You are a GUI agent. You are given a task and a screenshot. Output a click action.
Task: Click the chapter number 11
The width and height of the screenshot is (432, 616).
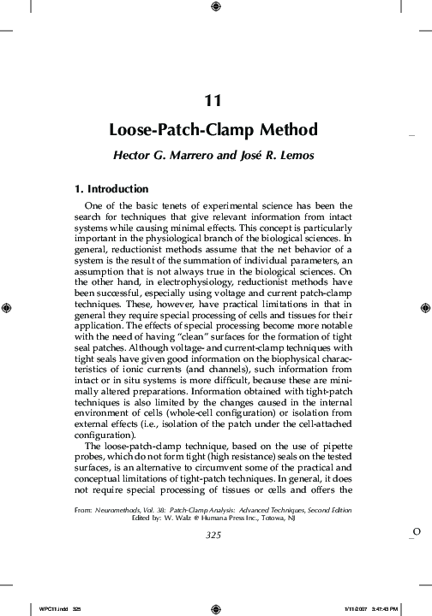click(x=215, y=101)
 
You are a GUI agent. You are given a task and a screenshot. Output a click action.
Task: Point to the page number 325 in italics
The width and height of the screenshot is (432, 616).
click(x=215, y=536)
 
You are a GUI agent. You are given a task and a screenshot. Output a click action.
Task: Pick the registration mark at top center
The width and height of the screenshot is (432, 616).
click(x=215, y=8)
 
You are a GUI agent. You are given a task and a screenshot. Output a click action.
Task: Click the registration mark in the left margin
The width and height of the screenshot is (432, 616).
click(x=8, y=306)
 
